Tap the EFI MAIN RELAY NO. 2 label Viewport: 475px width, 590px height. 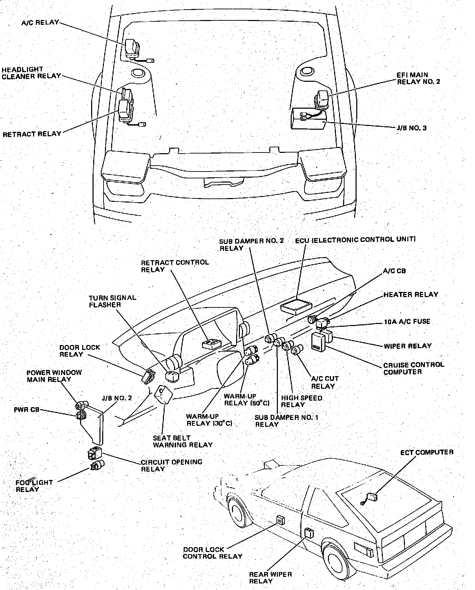[418, 78]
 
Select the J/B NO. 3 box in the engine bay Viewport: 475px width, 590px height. [308, 119]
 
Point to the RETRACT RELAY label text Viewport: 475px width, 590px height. [32, 134]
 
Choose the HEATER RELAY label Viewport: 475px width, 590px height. [411, 295]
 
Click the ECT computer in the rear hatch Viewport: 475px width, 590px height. [371, 497]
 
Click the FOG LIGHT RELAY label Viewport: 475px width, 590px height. [33, 486]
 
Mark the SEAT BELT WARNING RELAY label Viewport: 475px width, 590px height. [183, 441]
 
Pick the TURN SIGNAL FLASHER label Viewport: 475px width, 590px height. [112, 301]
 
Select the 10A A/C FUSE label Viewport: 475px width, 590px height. [407, 322]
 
